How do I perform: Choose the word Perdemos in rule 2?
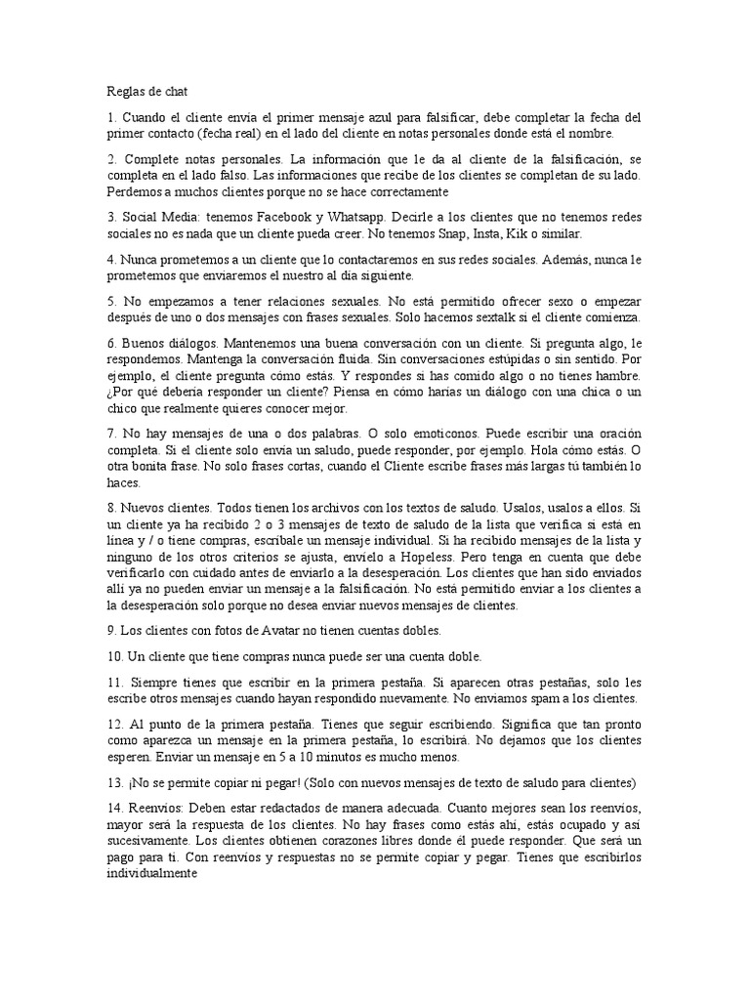pos(137,190)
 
